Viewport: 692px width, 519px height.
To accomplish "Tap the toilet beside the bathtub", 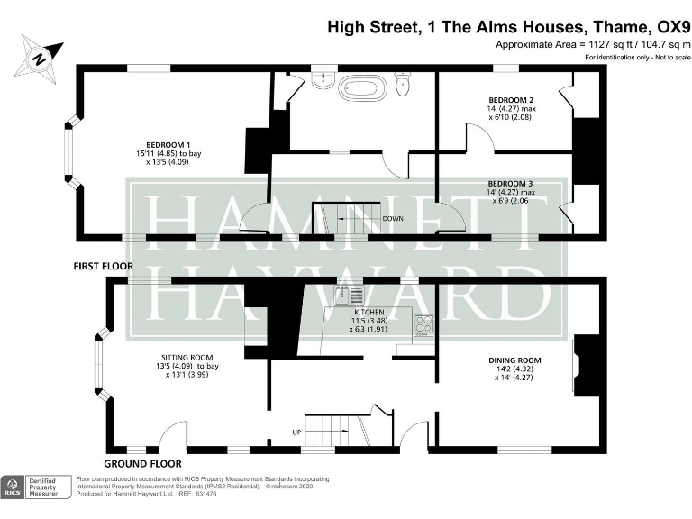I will [x=403, y=85].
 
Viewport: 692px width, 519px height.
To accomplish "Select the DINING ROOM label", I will [x=516, y=360].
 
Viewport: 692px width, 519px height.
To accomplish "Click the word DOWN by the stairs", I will [x=393, y=218].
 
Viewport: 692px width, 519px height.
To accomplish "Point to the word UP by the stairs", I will [x=296, y=432].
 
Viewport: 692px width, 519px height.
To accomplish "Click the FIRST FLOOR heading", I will [x=104, y=267].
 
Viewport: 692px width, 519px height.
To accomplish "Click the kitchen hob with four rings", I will [x=423, y=327].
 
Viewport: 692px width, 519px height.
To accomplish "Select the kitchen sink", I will [x=349, y=294].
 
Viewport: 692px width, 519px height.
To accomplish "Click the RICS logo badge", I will [x=12, y=487].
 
